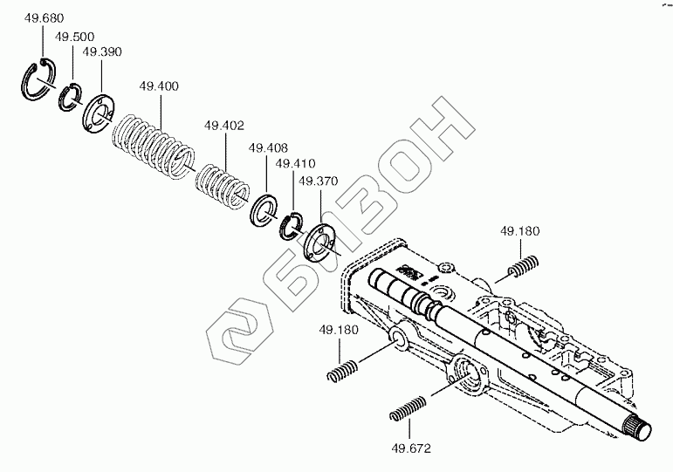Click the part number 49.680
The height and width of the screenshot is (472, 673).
(45, 18)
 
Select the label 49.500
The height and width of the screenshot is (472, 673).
(75, 37)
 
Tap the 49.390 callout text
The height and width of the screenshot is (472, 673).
(102, 52)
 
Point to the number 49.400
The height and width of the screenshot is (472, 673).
(159, 86)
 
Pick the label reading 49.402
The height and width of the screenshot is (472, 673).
(223, 126)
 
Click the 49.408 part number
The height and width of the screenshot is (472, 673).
(268, 148)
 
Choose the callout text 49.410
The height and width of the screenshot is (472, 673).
(295, 163)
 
